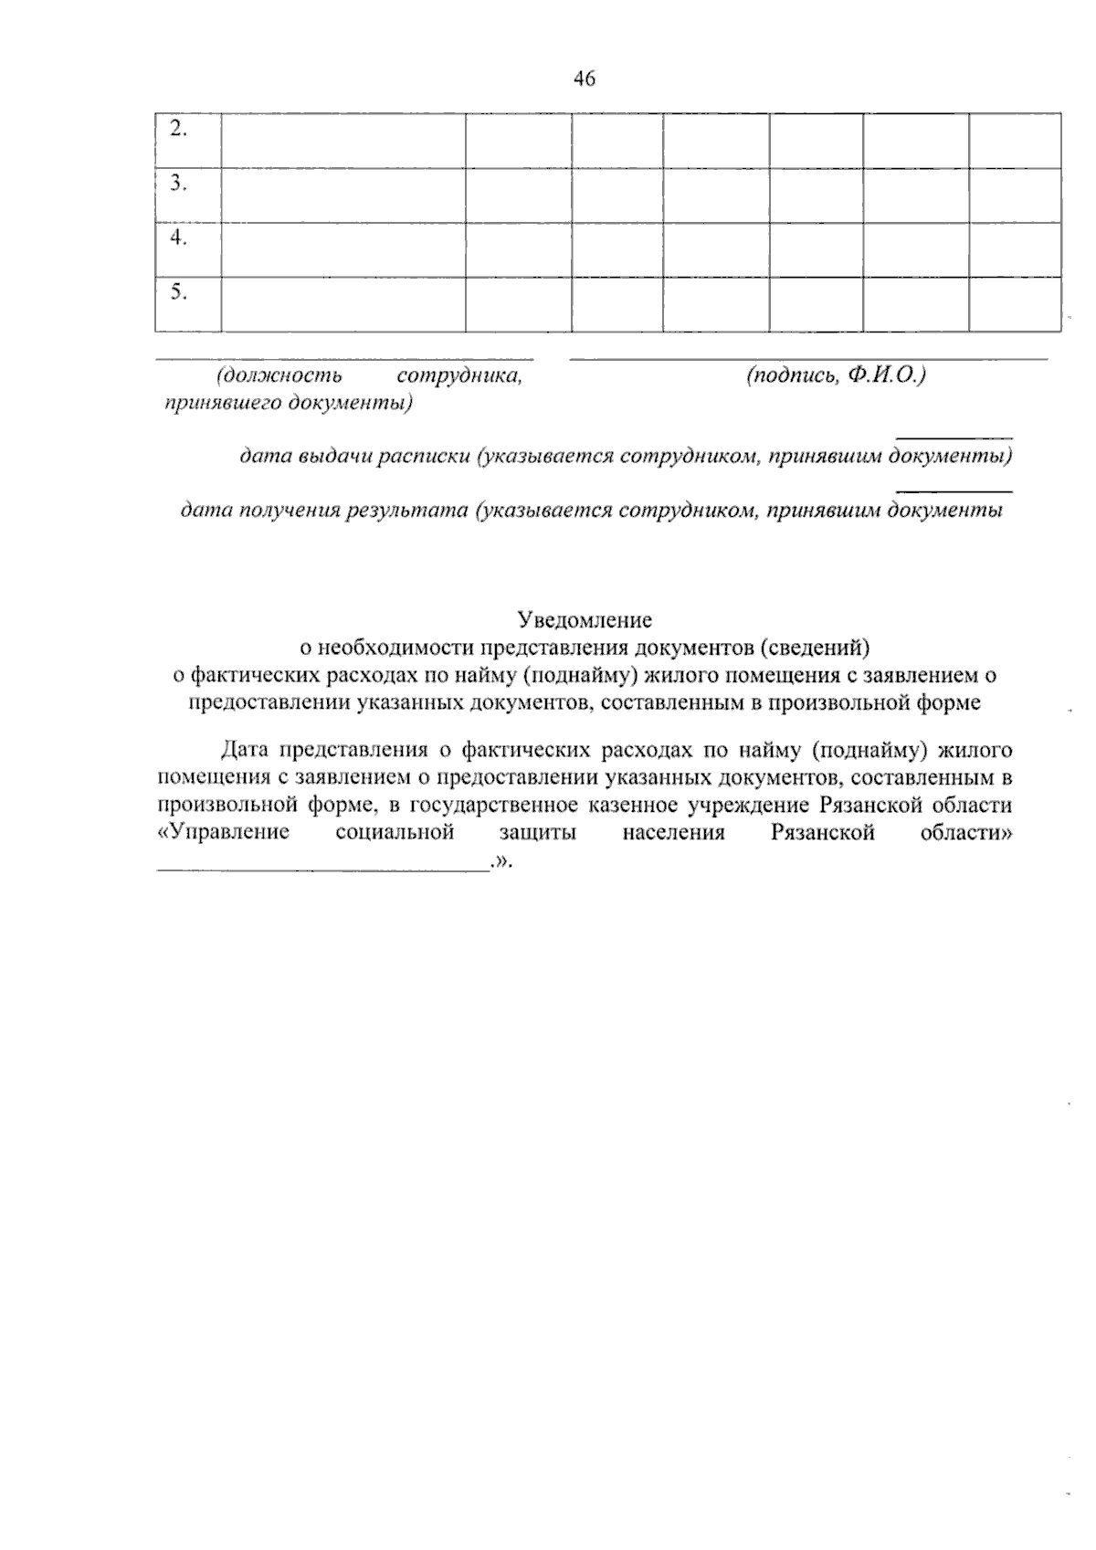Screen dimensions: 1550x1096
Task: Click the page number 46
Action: click(x=585, y=79)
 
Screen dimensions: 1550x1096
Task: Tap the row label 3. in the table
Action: click(x=178, y=184)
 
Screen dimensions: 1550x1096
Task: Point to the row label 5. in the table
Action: click(x=178, y=292)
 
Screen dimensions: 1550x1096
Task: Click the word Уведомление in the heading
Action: click(x=585, y=620)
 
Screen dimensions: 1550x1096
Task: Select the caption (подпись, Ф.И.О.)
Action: click(x=836, y=374)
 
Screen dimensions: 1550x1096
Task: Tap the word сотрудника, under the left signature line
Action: click(x=460, y=374)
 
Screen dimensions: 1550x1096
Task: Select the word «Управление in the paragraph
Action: click(x=224, y=832)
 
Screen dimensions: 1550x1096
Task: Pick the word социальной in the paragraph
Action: click(x=395, y=832)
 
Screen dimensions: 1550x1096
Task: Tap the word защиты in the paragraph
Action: click(x=538, y=832)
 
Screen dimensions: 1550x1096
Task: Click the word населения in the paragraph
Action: click(x=674, y=832)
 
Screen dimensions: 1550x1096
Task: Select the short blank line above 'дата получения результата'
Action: click(x=954, y=492)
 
